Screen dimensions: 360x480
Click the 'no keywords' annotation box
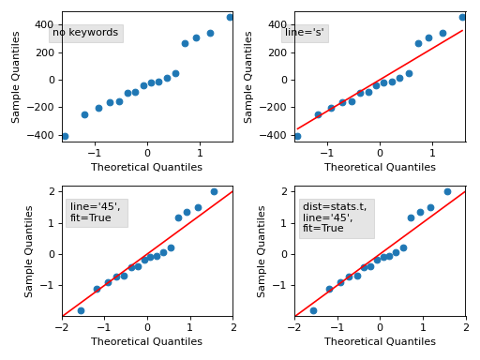(x=85, y=33)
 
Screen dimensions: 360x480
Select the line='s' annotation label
(x=305, y=33)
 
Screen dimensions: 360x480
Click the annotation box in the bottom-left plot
(x=96, y=213)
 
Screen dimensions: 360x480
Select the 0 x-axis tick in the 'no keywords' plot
(x=147, y=153)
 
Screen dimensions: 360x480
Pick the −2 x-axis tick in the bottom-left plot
(x=62, y=327)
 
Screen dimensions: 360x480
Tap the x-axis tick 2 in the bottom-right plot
(x=465, y=327)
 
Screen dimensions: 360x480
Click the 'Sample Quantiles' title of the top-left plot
(x=17, y=77)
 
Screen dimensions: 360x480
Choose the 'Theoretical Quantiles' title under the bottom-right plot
(x=380, y=342)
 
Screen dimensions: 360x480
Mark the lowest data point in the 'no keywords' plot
(x=65, y=137)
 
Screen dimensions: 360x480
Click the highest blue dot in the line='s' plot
(x=462, y=17)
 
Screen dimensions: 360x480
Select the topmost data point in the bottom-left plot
(x=214, y=191)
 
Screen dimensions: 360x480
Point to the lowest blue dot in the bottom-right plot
(x=313, y=310)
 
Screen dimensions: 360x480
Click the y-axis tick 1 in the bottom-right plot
(x=285, y=223)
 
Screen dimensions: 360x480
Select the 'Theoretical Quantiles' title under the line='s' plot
(x=380, y=168)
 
